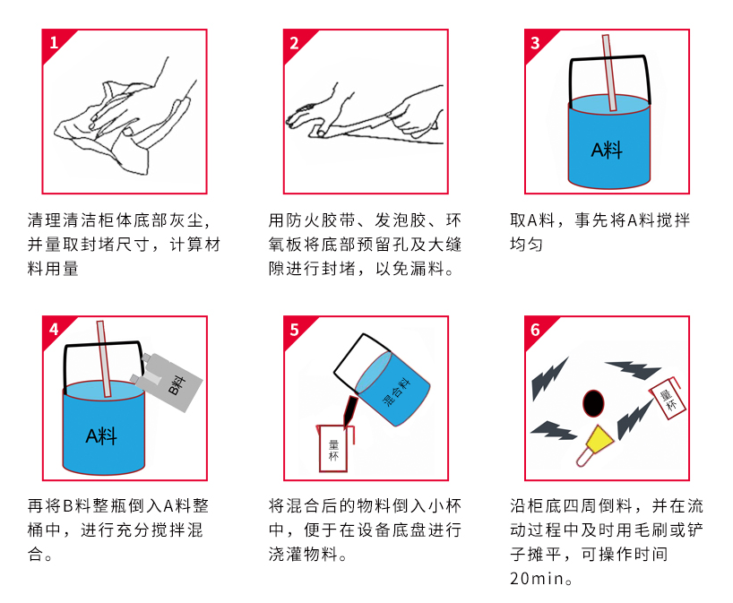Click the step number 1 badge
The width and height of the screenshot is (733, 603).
coord(54,42)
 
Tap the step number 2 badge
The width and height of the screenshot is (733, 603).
coord(294,43)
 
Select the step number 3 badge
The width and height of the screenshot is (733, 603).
coord(535,43)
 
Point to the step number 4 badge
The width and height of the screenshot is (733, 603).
coord(54,330)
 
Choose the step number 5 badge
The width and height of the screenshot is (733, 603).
coord(294,330)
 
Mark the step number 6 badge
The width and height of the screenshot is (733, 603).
coord(535,330)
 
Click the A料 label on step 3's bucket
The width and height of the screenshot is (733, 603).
coord(607,151)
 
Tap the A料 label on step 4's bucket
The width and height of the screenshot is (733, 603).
coord(101,436)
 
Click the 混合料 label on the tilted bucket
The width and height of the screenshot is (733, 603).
coord(396,392)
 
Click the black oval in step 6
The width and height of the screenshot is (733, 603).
coord(593,403)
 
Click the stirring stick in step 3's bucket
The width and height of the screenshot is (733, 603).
coord(609,73)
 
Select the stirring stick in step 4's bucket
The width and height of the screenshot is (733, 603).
coord(104,359)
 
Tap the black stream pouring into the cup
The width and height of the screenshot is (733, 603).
coord(350,411)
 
